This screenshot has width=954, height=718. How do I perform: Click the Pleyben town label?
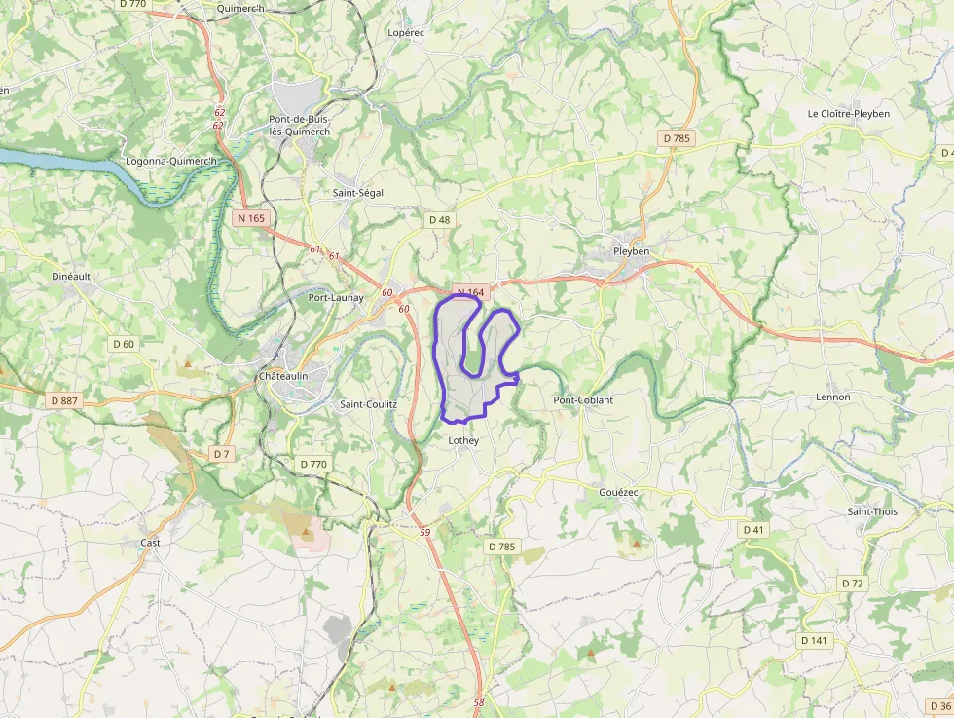tap(631, 251)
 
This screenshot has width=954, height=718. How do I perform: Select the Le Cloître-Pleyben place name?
tap(848, 114)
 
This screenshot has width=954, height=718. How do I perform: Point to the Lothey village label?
tap(463, 440)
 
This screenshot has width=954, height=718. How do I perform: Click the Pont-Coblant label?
tap(583, 400)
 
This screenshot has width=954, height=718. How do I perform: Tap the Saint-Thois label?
tap(872, 511)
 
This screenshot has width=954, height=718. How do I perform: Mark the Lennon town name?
tap(833, 397)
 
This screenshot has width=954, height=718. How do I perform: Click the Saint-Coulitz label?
tap(368, 404)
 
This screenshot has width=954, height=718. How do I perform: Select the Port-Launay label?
tap(336, 298)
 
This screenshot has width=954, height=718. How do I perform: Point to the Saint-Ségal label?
tap(358, 193)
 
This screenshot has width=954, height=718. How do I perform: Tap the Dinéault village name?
tap(71, 276)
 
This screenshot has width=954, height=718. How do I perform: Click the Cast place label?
tap(150, 543)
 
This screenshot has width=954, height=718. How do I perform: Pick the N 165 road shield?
tap(251, 218)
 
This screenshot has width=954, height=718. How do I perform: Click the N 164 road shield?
tap(470, 292)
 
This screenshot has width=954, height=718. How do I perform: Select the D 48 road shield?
tap(440, 220)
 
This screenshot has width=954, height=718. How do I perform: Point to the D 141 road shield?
tap(813, 640)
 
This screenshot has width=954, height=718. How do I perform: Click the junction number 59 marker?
tap(424, 532)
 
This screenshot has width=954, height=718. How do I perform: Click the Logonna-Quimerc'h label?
tap(170, 161)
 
